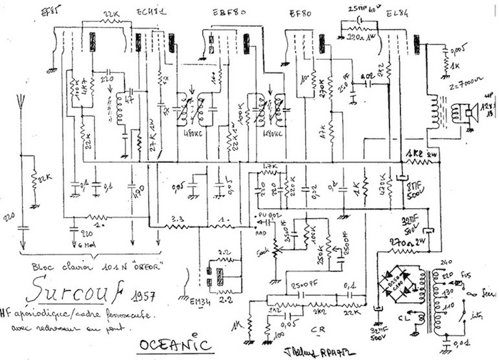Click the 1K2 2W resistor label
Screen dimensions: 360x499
coord(420,153)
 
